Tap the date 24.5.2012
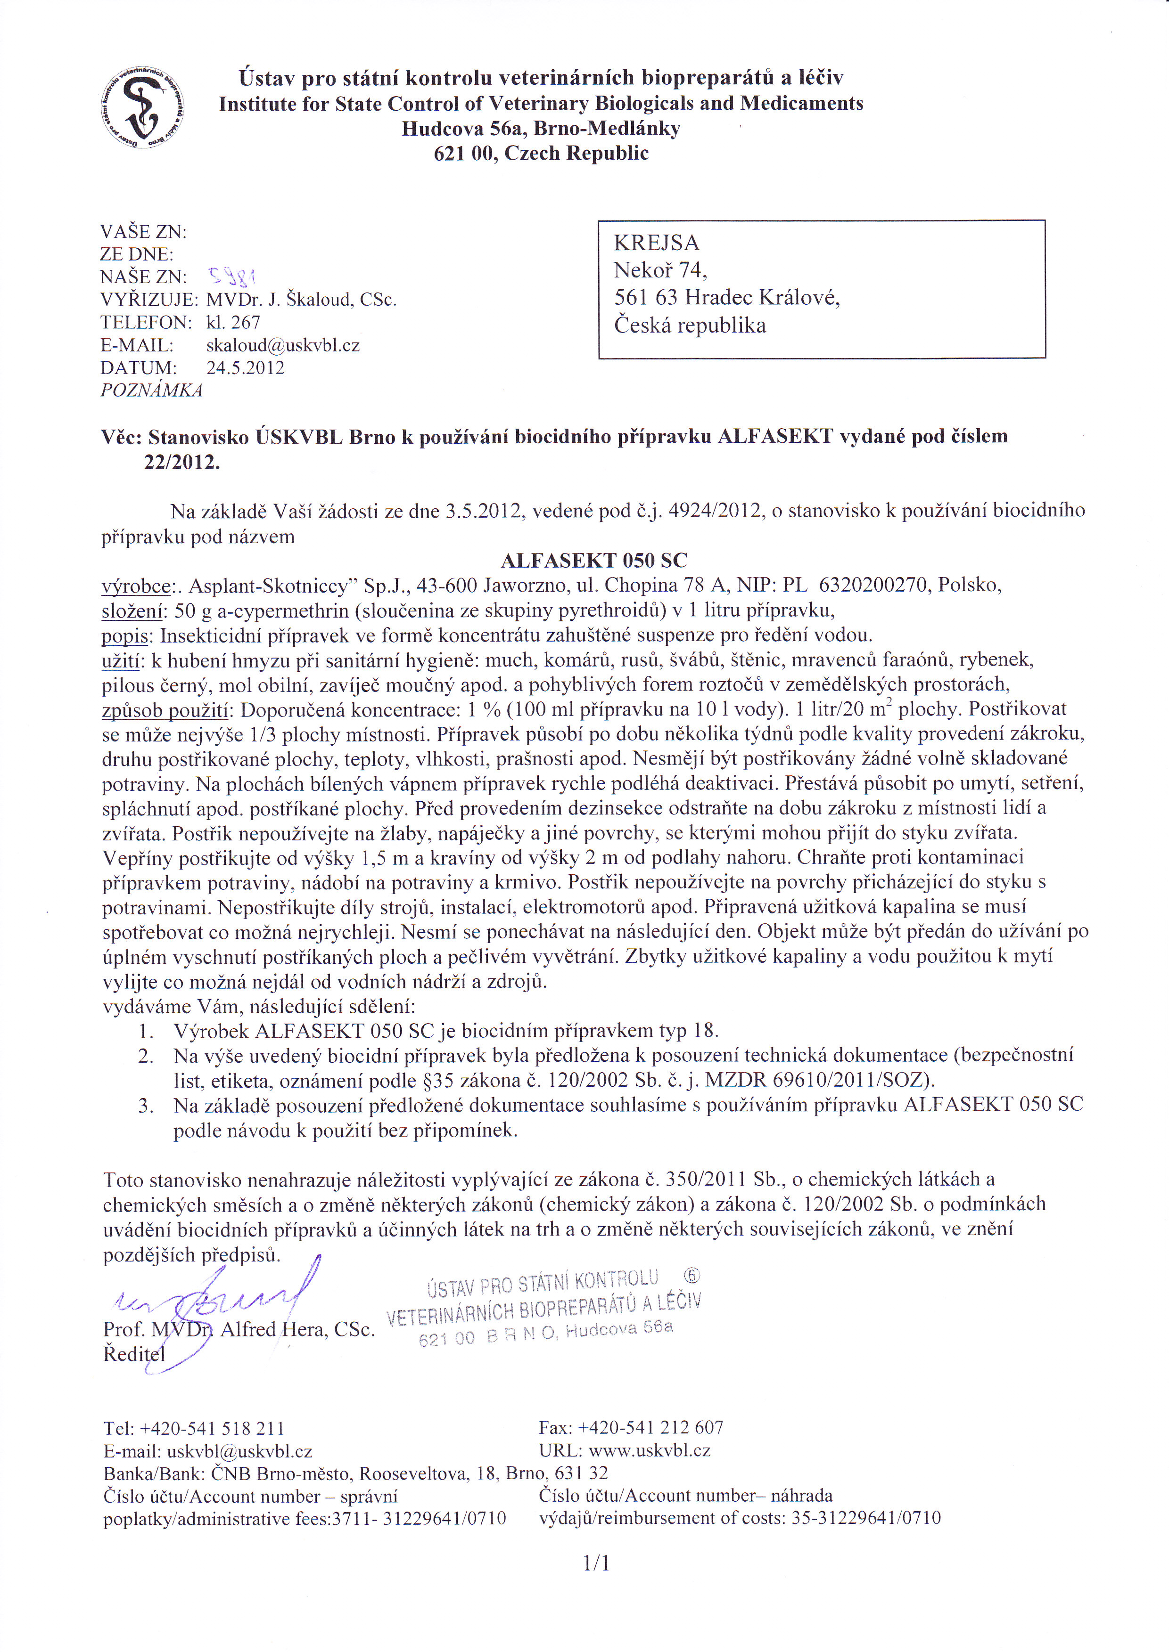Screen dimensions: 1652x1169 246,368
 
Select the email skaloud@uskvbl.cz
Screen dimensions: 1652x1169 283,345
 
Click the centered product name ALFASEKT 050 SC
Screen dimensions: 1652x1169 594,561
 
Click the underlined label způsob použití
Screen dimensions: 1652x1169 165,710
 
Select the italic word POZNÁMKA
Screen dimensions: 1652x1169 151,391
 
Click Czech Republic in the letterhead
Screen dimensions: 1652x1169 576,153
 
